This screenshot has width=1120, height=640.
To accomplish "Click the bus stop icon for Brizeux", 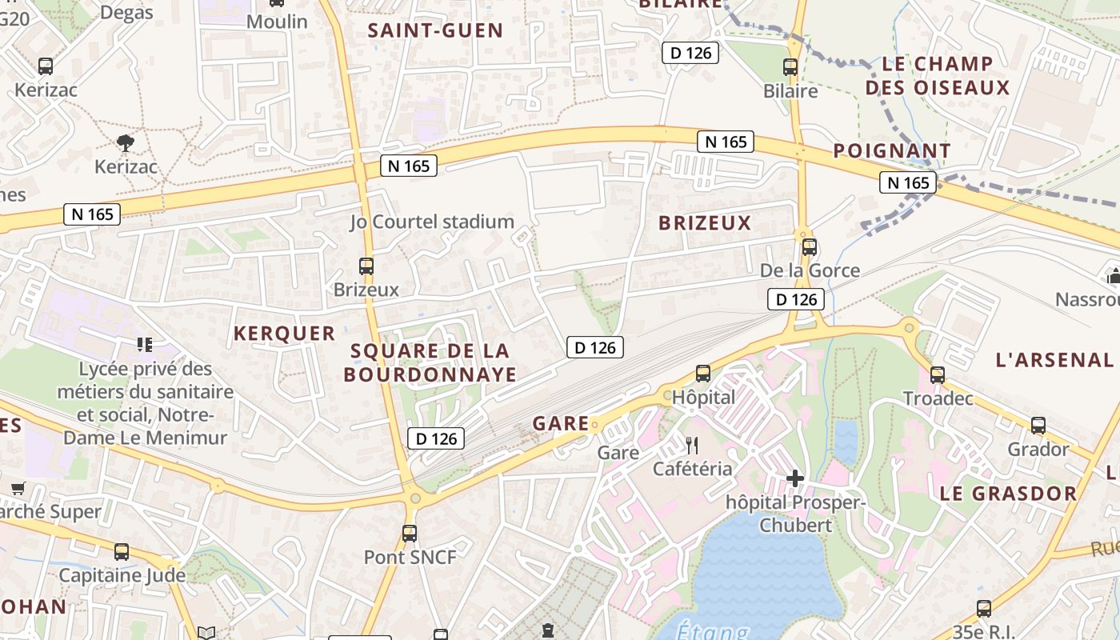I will tap(366, 266).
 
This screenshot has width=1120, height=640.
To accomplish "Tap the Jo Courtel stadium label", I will tap(432, 222).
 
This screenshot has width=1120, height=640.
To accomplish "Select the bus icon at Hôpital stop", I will tap(702, 373).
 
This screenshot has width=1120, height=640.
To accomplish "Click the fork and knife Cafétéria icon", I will tap(692, 446).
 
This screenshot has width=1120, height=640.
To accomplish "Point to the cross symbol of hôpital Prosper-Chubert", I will tap(794, 478).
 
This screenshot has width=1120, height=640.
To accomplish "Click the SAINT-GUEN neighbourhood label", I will tap(435, 31).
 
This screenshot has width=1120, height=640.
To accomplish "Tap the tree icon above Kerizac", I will tap(125, 143).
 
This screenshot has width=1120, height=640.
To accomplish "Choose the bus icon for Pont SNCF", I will tap(410, 533).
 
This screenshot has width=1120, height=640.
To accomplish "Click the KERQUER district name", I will tap(284, 334).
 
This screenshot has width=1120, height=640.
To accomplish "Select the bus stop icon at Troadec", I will tap(937, 374).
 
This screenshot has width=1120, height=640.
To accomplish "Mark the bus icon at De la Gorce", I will tap(809, 246).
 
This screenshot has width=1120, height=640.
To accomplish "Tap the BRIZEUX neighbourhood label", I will tap(705, 223).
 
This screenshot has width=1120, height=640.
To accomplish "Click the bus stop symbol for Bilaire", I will tap(790, 66).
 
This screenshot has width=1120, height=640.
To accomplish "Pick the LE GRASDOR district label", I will tap(1008, 493).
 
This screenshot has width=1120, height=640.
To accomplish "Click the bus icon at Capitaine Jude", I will tap(122, 551).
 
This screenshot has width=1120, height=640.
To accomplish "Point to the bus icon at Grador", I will tap(1038, 426).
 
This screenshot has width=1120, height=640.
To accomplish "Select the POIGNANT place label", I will tap(892, 150).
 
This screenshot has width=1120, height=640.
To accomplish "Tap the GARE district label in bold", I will tap(560, 423).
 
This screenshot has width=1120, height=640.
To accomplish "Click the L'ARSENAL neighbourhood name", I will tap(1054, 360).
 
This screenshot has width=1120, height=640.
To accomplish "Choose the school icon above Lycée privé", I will tap(145, 345).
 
